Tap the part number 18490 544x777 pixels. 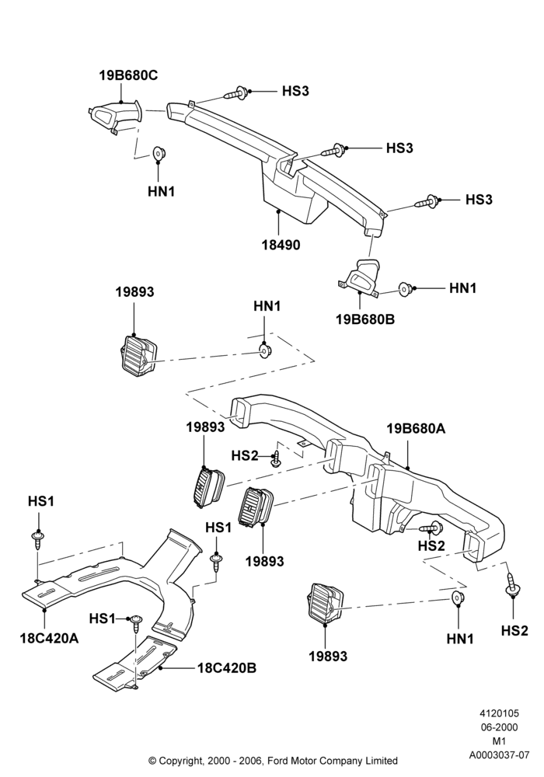(x=281, y=245)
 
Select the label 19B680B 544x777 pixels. (x=365, y=319)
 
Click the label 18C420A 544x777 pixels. (x=50, y=638)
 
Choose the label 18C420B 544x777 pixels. (x=227, y=668)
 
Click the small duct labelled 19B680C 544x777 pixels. (x=115, y=117)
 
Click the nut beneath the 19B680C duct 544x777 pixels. (x=159, y=154)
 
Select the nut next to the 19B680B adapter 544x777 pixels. (x=406, y=288)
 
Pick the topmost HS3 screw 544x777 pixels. (x=238, y=92)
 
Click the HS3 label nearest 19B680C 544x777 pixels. (x=296, y=91)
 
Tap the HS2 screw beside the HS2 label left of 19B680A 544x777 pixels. (x=277, y=460)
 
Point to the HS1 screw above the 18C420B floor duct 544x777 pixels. (x=136, y=623)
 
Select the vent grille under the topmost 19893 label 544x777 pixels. (x=138, y=352)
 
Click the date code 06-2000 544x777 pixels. (x=499, y=727)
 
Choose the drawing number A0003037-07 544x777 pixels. (x=499, y=756)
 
